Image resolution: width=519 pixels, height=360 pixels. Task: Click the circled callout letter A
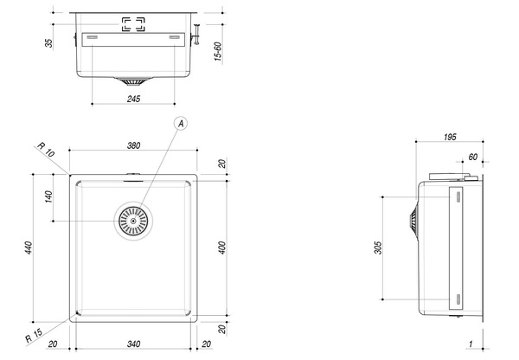(x=181, y=124)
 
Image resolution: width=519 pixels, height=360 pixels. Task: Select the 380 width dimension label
(x=134, y=145)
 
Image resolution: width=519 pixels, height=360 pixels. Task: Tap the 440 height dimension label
(x=29, y=247)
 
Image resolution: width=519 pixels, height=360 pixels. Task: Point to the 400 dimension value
(x=222, y=247)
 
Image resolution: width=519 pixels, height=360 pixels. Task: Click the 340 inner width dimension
(x=134, y=344)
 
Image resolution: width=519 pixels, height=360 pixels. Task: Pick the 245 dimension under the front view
(x=134, y=99)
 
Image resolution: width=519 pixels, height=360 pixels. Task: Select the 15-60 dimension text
(x=218, y=51)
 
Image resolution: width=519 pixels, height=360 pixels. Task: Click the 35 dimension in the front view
(x=48, y=43)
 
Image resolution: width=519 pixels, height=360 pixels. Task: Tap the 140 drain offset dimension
(x=48, y=196)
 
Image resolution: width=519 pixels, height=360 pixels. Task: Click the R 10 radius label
(x=46, y=150)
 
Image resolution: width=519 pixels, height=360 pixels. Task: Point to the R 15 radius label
(x=34, y=335)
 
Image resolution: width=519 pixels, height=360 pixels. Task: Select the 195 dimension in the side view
(x=450, y=137)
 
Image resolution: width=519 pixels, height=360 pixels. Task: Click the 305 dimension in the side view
(x=378, y=248)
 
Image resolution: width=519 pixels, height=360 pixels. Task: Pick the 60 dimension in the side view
(x=473, y=157)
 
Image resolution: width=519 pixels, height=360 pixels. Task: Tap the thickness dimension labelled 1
(x=471, y=344)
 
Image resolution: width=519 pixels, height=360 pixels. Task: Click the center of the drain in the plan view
(x=133, y=221)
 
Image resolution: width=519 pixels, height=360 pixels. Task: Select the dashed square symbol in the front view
(x=133, y=24)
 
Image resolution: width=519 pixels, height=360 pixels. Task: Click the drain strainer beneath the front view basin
(x=133, y=81)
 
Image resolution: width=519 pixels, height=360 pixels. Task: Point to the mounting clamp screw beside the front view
(x=196, y=34)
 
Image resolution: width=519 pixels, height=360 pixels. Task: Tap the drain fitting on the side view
(x=413, y=220)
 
